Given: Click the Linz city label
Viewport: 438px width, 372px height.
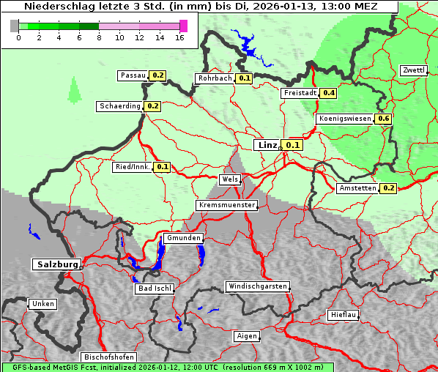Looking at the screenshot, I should coord(267,145).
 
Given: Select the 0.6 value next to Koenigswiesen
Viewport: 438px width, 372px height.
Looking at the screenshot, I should coord(384,119).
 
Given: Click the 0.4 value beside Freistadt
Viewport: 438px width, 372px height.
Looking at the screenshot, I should coord(329,93).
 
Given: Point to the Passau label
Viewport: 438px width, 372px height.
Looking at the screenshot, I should coord(133,75).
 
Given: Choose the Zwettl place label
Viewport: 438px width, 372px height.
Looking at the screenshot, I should coord(413,70).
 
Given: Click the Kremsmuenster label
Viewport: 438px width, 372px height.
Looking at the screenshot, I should coord(227,205).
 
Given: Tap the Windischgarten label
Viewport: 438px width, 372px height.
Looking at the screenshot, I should coord(257,286).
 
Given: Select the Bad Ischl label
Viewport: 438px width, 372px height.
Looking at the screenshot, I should coord(155,289).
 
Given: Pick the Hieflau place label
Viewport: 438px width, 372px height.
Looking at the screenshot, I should coord(344,315).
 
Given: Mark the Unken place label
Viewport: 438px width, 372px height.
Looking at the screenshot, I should coord(42,304).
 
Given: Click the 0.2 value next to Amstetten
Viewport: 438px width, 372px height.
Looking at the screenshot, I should coord(388,188).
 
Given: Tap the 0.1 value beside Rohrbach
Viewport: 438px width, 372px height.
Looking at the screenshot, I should coord(245,78).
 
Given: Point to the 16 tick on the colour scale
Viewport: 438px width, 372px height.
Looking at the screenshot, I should coord(179,37).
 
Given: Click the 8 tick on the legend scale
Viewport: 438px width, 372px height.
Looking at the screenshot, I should coord(98,37).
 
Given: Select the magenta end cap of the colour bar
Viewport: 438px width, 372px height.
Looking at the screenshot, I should coord(183,26).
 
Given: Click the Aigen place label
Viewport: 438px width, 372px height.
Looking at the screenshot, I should coord(247,336).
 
